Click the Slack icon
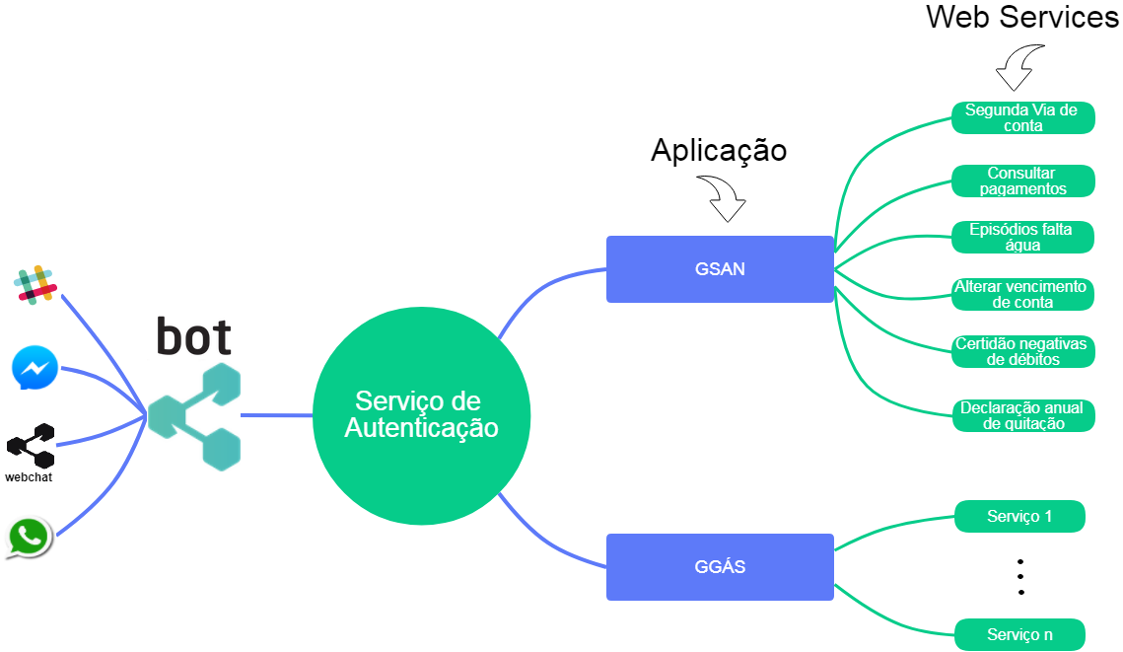35,283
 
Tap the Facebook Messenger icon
35,368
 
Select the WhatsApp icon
29,536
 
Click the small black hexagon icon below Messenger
32,446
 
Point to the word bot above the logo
194,337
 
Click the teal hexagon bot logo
194,415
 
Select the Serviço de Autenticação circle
422,415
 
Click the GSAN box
720,268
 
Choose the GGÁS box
720,567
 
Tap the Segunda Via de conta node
1022,117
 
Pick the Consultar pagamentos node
1022,181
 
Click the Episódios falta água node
1022,237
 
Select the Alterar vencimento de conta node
1022,294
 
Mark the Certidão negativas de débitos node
1022,351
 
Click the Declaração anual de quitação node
1022,415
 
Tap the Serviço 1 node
1019,516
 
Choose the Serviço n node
1019,634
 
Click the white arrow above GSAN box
725,198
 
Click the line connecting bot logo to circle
276,415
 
